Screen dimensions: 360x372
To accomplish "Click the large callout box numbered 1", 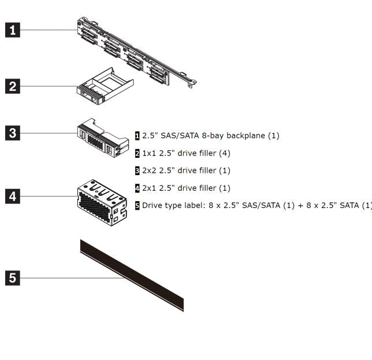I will (x=13, y=30).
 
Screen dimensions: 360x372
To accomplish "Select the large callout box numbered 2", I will (x=13, y=87).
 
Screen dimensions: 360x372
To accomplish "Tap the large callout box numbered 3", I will (x=13, y=133).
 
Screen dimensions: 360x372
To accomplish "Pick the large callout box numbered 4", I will (x=13, y=196).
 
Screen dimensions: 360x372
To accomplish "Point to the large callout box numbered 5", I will (x=13, y=278).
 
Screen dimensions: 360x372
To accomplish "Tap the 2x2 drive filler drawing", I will (x=103, y=138).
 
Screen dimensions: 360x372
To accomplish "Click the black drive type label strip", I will (x=132, y=275).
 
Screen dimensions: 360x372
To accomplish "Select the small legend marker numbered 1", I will (x=137, y=136).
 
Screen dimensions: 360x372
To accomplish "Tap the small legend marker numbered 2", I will (x=137, y=153).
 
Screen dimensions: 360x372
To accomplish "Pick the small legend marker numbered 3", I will (x=137, y=170).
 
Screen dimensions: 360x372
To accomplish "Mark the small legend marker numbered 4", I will (x=137, y=188).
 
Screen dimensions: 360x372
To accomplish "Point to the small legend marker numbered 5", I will (x=137, y=205).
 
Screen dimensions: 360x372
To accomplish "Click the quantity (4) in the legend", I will (x=225, y=153).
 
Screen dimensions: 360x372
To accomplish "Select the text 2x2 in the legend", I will (x=149, y=170).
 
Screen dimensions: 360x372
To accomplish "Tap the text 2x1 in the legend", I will (x=149, y=188).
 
